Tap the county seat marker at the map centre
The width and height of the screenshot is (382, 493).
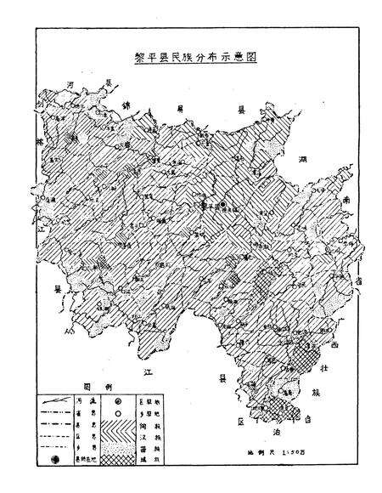tap(223, 204)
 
